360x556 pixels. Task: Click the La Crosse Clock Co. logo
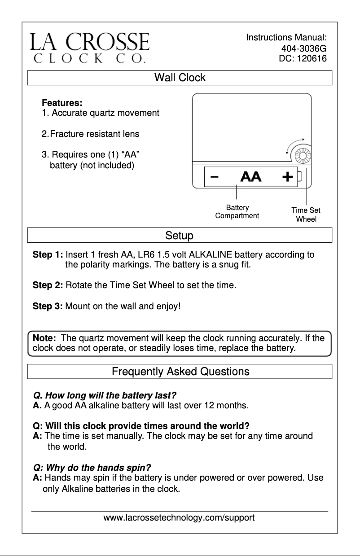tap(89, 47)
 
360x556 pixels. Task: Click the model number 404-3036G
tap(303, 48)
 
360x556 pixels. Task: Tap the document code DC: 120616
tap(303, 58)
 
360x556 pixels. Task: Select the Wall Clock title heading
tap(180, 78)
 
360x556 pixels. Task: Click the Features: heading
tap(62, 103)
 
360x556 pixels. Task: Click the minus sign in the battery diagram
tap(215, 176)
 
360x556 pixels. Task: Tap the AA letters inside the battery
tap(250, 177)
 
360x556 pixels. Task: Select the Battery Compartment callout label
tap(237, 211)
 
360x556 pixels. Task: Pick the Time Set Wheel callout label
tap(306, 215)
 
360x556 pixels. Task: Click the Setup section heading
tap(180, 236)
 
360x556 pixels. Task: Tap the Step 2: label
tap(48, 285)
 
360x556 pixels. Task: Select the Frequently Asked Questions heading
tap(180, 372)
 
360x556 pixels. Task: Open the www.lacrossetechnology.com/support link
tap(179, 517)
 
